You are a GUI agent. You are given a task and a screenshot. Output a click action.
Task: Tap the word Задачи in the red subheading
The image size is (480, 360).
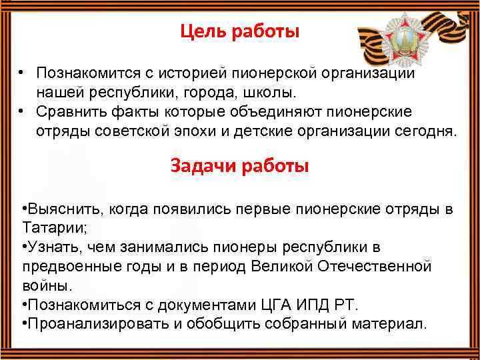pyautogui.click(x=201, y=166)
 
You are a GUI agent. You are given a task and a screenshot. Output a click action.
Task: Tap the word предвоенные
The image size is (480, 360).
pyautogui.click(x=67, y=267)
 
